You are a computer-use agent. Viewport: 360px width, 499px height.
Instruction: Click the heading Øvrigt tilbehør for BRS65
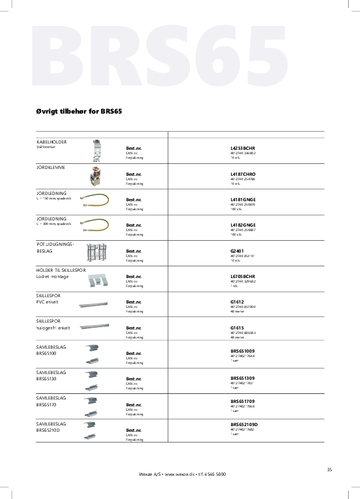79,111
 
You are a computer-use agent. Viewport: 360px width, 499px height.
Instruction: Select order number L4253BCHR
243,148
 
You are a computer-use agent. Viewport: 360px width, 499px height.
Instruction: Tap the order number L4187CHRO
243,174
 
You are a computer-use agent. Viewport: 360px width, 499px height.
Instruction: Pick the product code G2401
237,251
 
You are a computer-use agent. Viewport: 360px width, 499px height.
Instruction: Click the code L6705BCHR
243,276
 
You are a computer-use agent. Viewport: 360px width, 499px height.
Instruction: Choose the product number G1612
237,302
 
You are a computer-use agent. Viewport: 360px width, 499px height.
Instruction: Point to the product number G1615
237,328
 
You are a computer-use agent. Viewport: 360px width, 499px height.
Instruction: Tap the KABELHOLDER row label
51,142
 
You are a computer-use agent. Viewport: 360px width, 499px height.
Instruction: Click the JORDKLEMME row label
51,167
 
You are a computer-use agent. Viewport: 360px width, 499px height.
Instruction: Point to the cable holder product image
97,150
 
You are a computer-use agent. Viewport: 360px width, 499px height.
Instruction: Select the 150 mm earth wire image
94,198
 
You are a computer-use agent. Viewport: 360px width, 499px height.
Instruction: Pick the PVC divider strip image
93,303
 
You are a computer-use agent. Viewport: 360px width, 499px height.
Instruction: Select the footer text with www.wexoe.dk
182,474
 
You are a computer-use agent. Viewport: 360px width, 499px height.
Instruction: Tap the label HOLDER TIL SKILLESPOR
61,270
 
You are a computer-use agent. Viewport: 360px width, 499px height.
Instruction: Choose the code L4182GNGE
243,225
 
